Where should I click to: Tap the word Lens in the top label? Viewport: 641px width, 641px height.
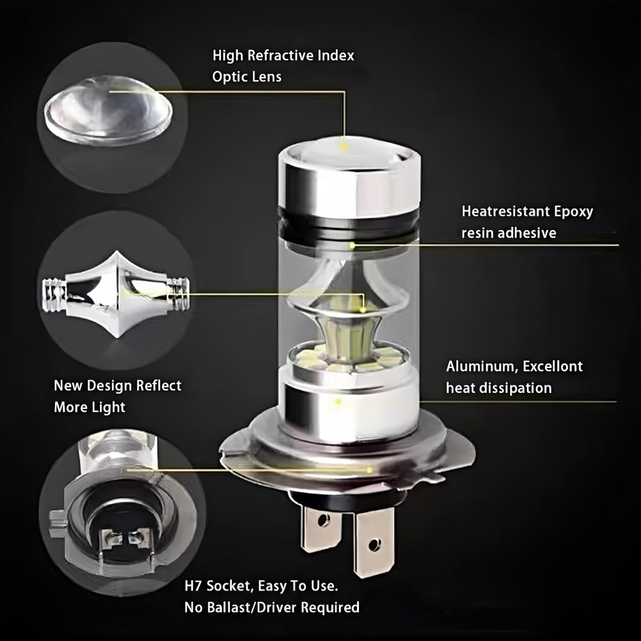click(x=267, y=76)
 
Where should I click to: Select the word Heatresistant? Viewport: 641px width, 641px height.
click(x=505, y=212)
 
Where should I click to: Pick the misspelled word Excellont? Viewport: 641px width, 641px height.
click(x=553, y=366)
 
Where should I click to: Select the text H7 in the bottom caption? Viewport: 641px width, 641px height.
click(x=193, y=586)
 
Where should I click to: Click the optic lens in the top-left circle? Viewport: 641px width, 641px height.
click(x=108, y=110)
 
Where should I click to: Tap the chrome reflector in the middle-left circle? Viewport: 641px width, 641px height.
click(x=116, y=294)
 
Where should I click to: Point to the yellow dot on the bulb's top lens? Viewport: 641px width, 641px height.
click(x=344, y=146)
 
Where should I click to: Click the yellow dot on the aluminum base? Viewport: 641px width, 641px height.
click(x=338, y=403)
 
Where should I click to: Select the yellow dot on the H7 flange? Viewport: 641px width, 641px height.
click(x=370, y=470)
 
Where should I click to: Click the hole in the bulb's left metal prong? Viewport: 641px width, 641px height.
click(x=323, y=520)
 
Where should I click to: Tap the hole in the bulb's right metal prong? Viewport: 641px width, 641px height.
click(x=374, y=544)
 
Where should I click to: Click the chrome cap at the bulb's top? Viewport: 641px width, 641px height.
click(x=349, y=180)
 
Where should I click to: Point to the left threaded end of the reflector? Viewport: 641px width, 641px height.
click(x=54, y=295)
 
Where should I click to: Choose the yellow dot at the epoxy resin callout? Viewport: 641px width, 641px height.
click(x=352, y=246)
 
